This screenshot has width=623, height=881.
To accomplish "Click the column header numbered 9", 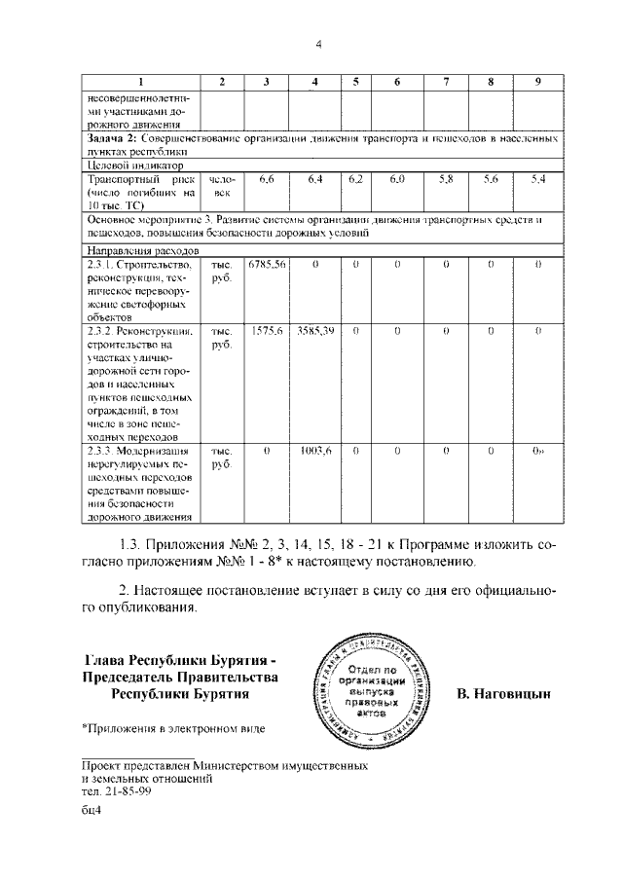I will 537,82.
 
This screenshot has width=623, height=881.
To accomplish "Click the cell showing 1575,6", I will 266,331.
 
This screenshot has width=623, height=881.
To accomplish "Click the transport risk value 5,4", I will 537,180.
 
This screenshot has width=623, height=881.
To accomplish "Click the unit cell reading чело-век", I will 222,187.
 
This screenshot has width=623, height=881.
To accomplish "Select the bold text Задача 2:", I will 112,140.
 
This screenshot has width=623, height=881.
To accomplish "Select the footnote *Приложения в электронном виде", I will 172,727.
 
